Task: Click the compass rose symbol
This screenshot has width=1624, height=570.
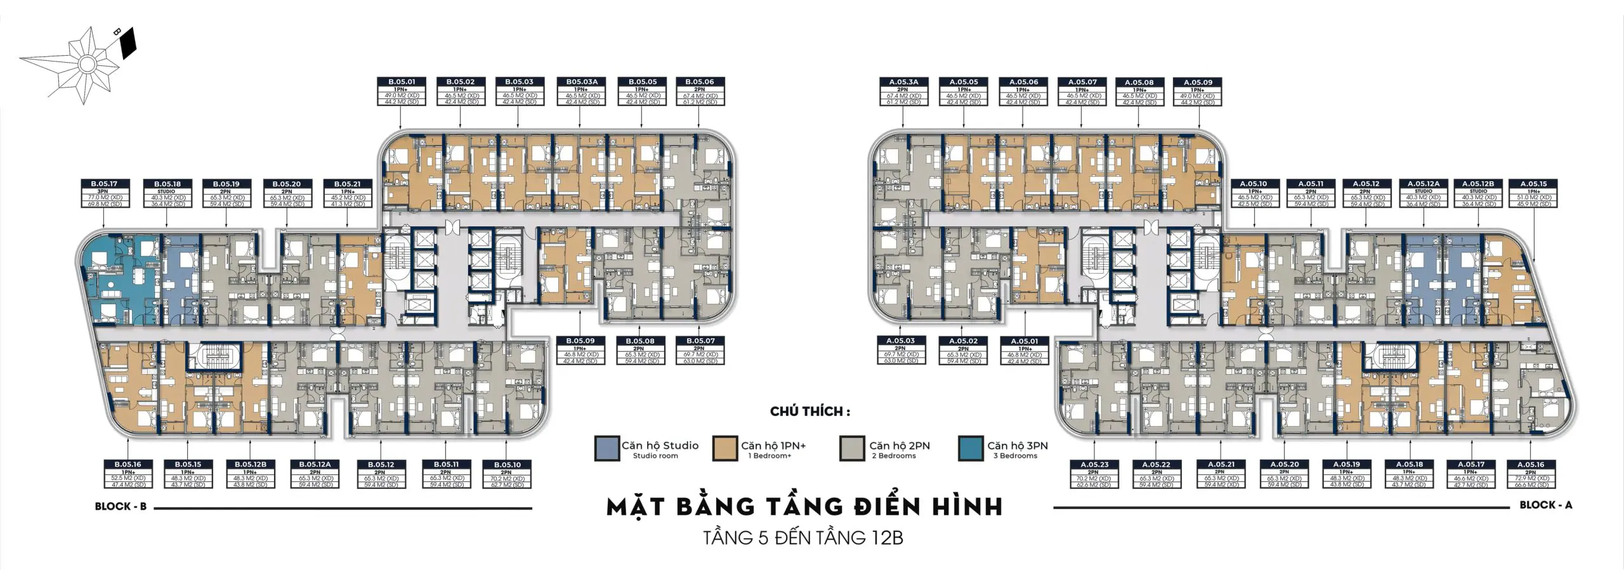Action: point(84,62)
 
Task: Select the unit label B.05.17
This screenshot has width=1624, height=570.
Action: point(104,184)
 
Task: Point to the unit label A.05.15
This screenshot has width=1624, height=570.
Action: point(1534,184)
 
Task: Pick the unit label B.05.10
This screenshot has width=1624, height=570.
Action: point(506,465)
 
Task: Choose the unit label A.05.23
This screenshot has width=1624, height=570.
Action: point(1094,465)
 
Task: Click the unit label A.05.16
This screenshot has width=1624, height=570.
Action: point(1533,465)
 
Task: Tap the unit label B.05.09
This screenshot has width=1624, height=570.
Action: point(580,341)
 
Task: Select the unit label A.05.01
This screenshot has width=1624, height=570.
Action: point(1025,341)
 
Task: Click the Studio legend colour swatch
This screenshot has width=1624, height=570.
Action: point(606,448)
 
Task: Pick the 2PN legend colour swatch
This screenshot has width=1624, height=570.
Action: point(851,448)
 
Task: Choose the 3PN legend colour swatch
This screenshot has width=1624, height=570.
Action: point(971,448)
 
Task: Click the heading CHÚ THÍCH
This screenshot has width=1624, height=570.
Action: point(810,411)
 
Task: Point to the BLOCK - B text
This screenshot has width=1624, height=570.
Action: point(121,507)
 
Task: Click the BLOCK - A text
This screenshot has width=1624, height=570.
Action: point(1545,505)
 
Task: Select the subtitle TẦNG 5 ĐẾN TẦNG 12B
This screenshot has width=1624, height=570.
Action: point(803,538)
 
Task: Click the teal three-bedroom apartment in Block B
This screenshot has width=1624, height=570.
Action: point(117,279)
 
